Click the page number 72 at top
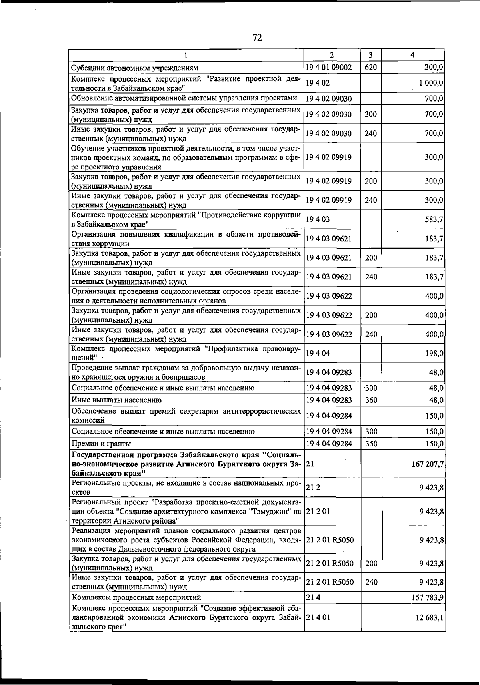tap(257, 38)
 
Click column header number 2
tap(332, 55)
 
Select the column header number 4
tap(412, 55)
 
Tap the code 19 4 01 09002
tap(329, 67)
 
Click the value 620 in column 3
tap(371, 67)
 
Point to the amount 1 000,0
tap(431, 83)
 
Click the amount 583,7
tap(434, 219)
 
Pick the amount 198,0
tap(434, 353)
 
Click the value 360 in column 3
tap(371, 400)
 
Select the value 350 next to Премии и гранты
tap(371, 444)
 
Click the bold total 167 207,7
tap(425, 464)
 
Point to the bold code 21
tap(310, 464)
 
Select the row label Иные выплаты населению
tap(116, 400)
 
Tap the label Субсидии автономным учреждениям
tap(134, 68)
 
